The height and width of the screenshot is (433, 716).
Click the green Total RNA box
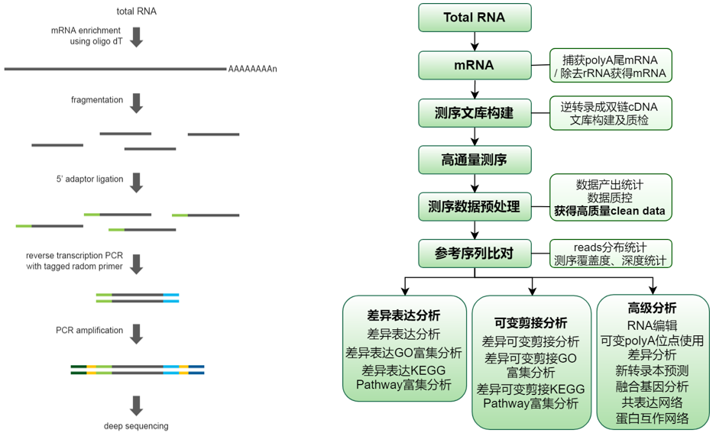tap(474, 18)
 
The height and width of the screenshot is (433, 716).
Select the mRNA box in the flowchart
tap(474, 65)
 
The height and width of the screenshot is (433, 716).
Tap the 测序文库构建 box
tap(474, 113)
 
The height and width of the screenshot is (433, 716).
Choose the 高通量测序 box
tap(474, 160)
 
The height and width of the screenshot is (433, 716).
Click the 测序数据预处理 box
tap(474, 206)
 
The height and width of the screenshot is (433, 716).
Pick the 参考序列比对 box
tap(474, 253)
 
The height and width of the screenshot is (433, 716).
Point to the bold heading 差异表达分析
tap(403, 315)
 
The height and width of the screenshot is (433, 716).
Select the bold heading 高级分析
tap(652, 309)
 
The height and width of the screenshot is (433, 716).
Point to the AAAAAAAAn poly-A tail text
tap(252, 69)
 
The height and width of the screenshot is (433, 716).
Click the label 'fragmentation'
tap(97, 100)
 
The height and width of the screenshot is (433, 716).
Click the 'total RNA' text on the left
tap(137, 11)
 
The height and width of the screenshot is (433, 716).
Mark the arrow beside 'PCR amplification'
tap(137, 333)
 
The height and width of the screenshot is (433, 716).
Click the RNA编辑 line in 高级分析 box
tap(652, 326)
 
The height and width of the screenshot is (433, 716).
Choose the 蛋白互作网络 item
tap(652, 418)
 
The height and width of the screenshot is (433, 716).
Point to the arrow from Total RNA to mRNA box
tap(475, 41)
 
